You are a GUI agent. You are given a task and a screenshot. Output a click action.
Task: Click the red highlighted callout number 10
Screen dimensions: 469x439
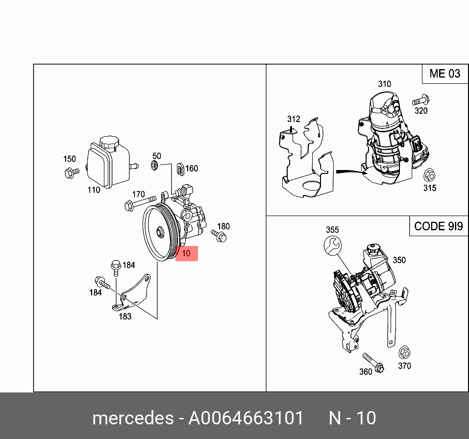click(186, 254)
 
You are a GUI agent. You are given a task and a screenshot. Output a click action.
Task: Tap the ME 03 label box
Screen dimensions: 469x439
click(444, 74)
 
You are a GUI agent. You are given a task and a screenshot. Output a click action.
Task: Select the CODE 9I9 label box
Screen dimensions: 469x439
click(438, 226)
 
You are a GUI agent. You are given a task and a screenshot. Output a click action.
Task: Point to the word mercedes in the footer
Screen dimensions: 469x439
click(132, 418)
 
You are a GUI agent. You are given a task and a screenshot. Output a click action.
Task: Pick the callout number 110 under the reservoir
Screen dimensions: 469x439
click(94, 190)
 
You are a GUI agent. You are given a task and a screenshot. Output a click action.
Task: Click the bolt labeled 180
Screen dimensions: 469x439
click(219, 236)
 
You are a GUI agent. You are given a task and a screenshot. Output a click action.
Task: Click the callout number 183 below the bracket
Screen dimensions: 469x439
click(125, 317)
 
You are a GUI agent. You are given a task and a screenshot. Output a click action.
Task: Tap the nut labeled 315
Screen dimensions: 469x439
click(429, 175)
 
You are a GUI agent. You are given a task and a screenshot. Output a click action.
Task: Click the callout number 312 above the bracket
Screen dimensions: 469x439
click(293, 119)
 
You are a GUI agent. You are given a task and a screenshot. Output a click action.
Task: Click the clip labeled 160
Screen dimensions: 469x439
click(179, 169)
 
